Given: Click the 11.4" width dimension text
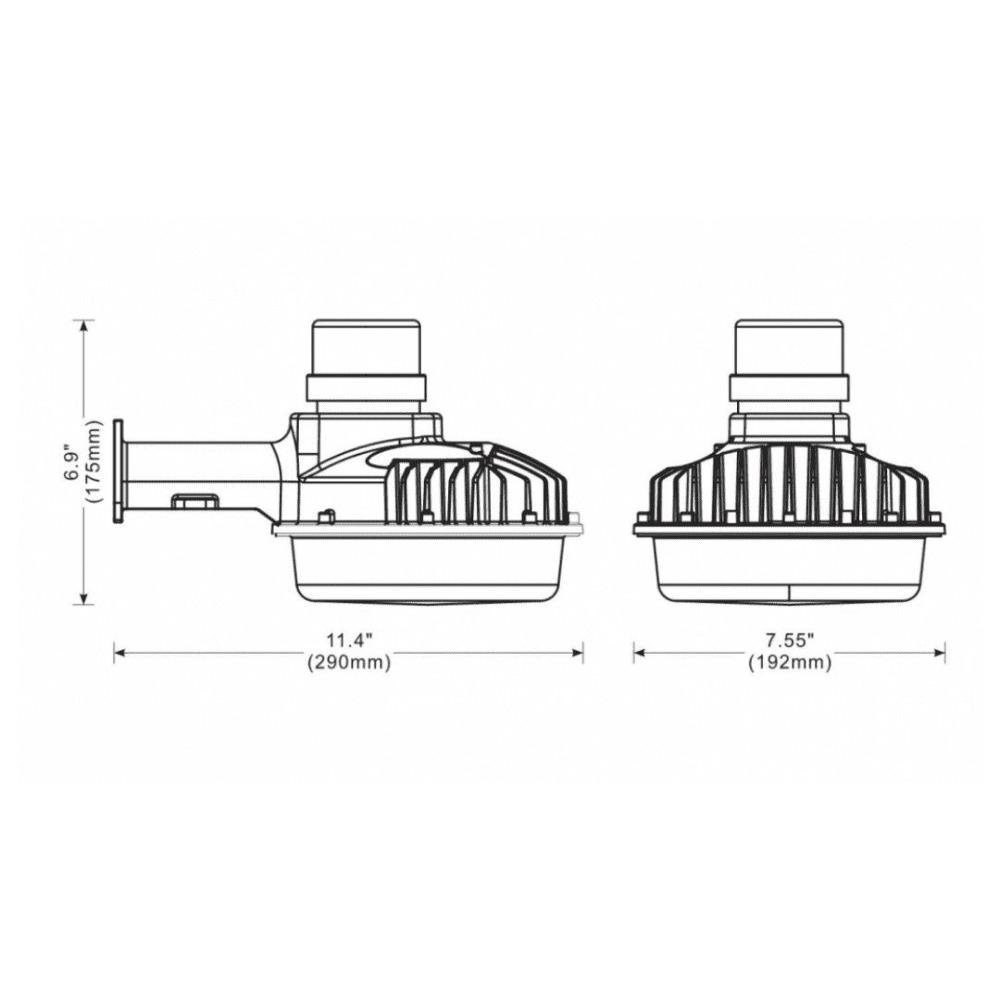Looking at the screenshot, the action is [349, 641].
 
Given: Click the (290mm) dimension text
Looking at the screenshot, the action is [349, 663].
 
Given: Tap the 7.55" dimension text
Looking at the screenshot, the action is [790, 641].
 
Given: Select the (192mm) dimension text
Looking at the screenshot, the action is [790, 663].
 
